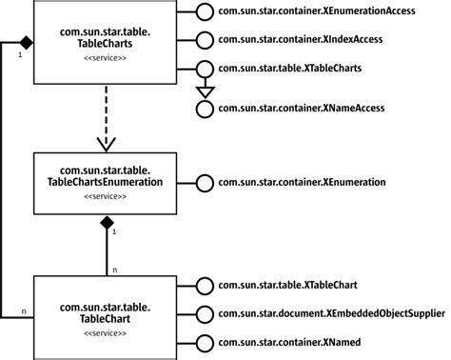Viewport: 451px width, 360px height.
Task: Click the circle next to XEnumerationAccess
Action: pyautogui.click(x=202, y=12)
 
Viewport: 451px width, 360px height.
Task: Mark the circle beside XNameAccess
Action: pyautogui.click(x=202, y=109)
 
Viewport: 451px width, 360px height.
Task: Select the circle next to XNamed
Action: pyautogui.click(x=202, y=341)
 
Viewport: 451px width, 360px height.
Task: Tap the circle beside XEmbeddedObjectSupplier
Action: pyautogui.click(x=202, y=312)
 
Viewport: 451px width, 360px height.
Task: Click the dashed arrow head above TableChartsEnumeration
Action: pyautogui.click(x=107, y=143)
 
